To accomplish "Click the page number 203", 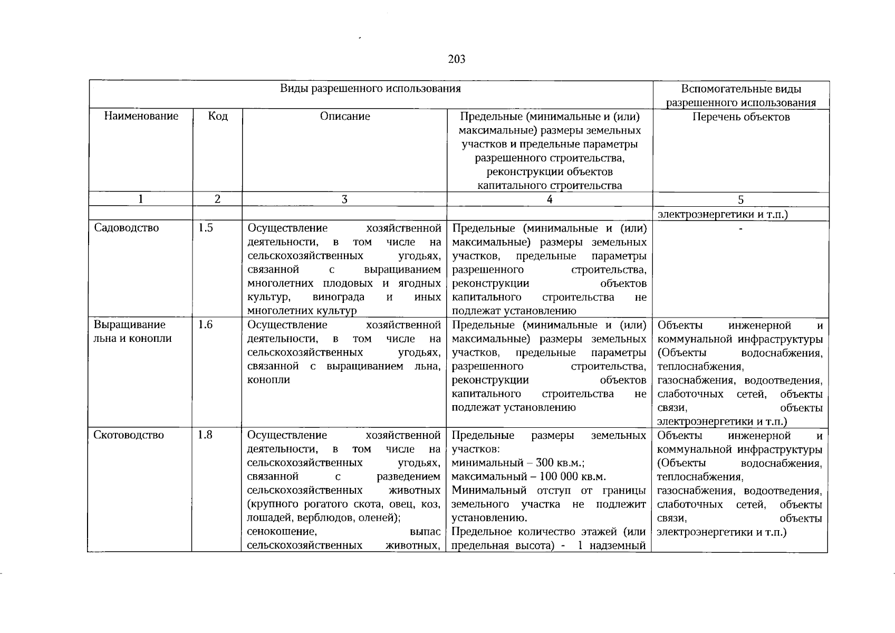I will coord(457,59).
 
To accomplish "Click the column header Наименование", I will coord(141,116).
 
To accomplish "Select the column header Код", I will coord(218,116).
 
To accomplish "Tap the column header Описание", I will coord(345,116).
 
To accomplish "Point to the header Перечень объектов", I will coord(741,117).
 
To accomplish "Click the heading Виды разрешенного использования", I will coord(370,89).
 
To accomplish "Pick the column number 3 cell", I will coord(344,199).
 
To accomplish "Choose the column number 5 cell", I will coord(741,199).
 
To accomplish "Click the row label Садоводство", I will coord(126,228).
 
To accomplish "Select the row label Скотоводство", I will coord(129,435).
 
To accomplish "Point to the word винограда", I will coord(338,297).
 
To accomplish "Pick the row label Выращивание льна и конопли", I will coord(132,332).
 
